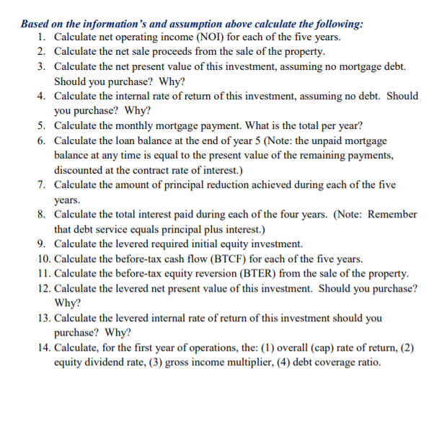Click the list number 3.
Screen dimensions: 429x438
click(43, 66)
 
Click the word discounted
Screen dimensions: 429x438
click(81, 170)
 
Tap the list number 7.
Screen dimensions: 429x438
click(43, 185)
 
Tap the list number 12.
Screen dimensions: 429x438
click(43, 288)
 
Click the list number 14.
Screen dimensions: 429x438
click(43, 347)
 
